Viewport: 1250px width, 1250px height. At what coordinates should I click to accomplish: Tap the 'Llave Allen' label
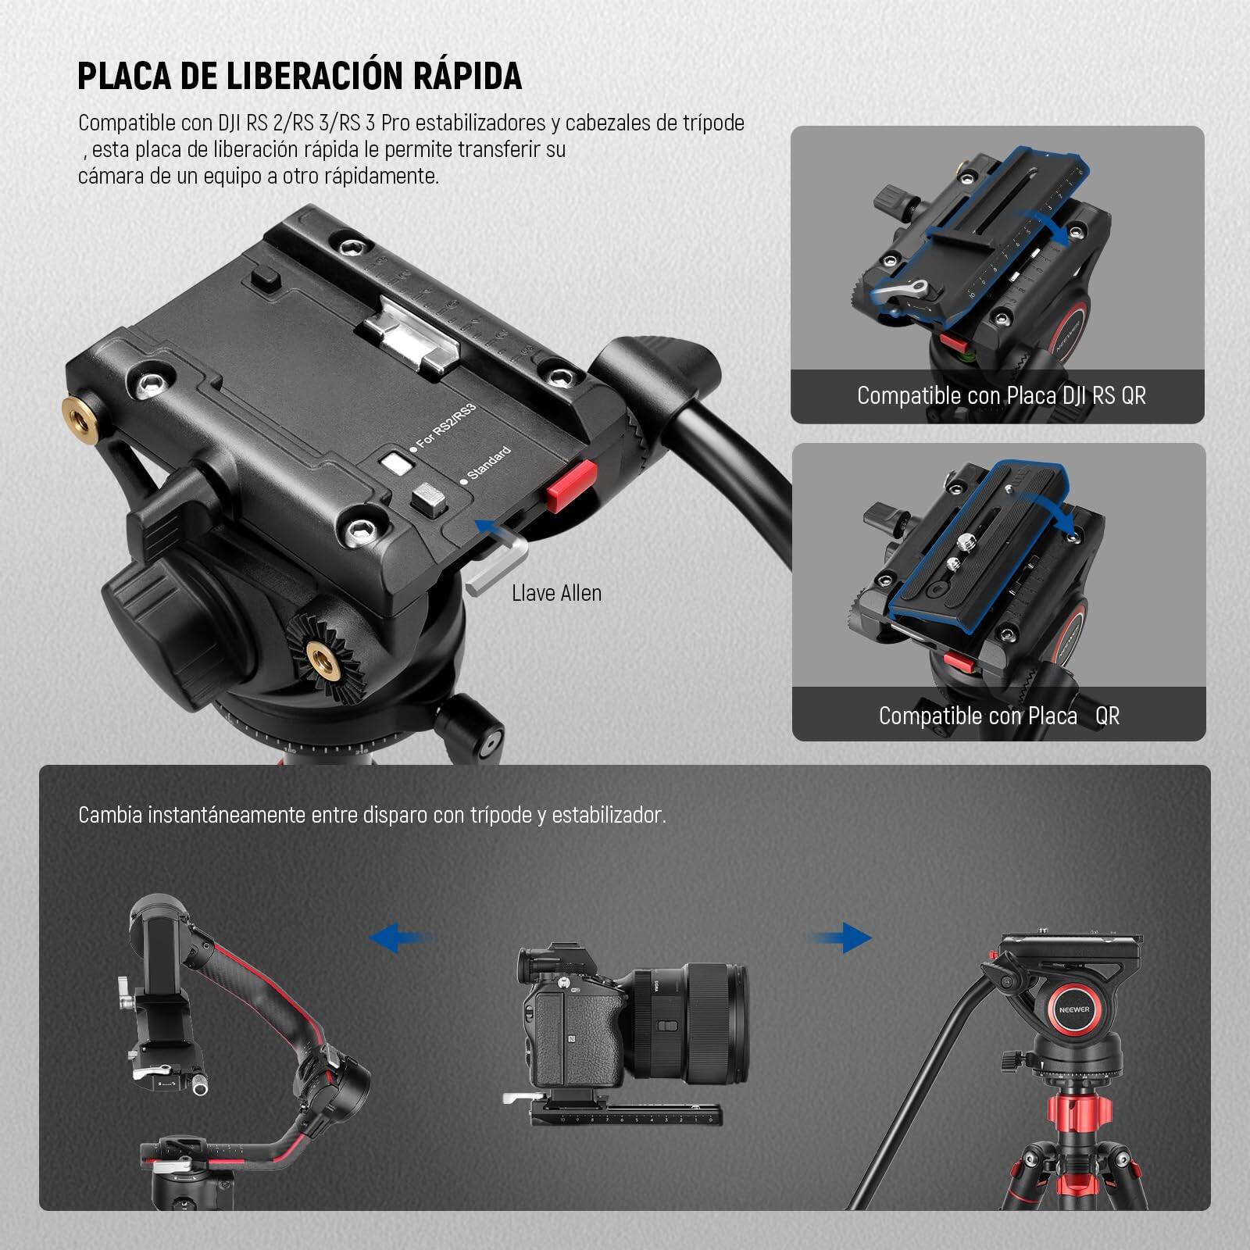pyautogui.click(x=556, y=593)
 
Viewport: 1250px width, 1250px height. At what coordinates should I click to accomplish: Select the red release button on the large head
pyautogui.click(x=567, y=486)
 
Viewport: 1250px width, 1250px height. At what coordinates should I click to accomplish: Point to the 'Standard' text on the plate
pyautogui.click(x=489, y=462)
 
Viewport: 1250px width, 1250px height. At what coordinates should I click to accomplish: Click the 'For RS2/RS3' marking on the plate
pyautogui.click(x=445, y=427)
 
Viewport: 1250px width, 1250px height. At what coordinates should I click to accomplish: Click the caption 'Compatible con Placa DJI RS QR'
pyautogui.click(x=1001, y=395)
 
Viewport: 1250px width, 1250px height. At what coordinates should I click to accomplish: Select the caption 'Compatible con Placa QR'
pyautogui.click(x=998, y=716)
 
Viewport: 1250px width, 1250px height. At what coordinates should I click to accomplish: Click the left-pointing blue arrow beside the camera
pyautogui.click(x=399, y=937)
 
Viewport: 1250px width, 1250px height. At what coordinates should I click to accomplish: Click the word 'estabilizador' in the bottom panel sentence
pyautogui.click(x=609, y=816)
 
